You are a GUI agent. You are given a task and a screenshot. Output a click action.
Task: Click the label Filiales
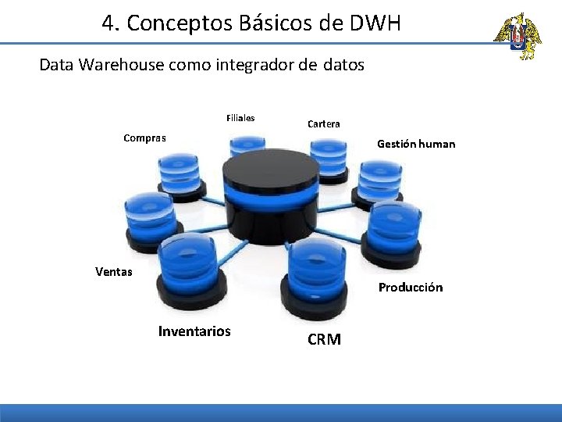(240, 119)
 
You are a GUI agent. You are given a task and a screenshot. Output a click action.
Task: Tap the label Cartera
(323, 124)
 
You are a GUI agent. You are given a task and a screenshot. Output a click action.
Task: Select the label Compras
(144, 138)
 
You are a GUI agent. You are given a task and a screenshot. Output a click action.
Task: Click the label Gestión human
(416, 144)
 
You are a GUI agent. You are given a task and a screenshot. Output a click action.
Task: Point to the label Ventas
(114, 272)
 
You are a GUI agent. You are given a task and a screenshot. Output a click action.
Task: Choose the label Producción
(411, 288)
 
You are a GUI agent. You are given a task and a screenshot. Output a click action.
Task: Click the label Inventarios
(194, 331)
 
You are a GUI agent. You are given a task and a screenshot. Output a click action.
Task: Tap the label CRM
(324, 340)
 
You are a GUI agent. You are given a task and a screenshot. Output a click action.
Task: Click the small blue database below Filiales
(247, 148)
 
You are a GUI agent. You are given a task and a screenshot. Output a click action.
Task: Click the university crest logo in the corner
(517, 36)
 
